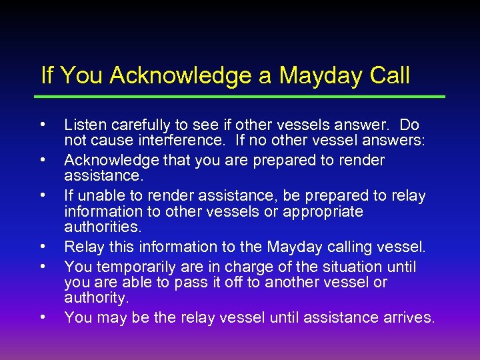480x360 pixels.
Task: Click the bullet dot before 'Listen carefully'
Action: point(43,124)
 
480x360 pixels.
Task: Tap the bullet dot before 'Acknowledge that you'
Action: point(43,159)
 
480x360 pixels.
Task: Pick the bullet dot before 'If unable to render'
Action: point(43,195)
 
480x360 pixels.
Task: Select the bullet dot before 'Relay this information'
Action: point(43,247)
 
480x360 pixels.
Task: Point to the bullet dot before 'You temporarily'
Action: point(43,266)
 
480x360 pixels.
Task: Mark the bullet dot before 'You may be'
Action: point(43,317)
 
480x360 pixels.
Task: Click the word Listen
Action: point(82,125)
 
